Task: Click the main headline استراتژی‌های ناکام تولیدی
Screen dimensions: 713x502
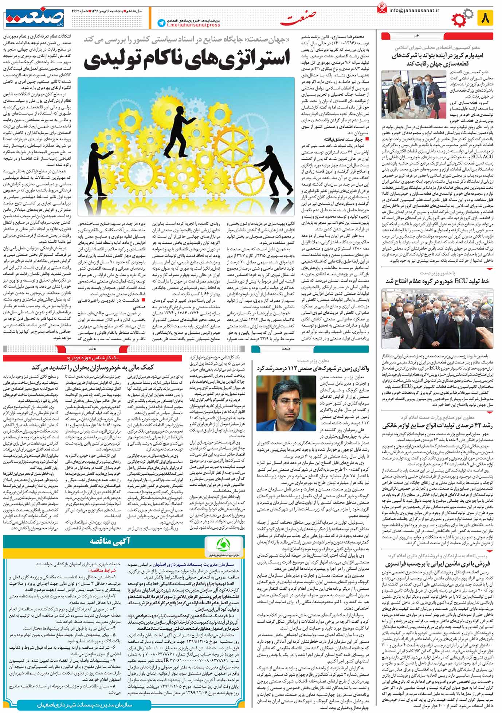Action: [187, 60]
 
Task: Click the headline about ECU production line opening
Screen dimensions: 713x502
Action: [437, 281]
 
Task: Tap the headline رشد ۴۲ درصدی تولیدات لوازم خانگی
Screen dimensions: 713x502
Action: [437, 426]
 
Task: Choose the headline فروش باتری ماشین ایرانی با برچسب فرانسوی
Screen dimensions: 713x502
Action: [437, 564]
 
